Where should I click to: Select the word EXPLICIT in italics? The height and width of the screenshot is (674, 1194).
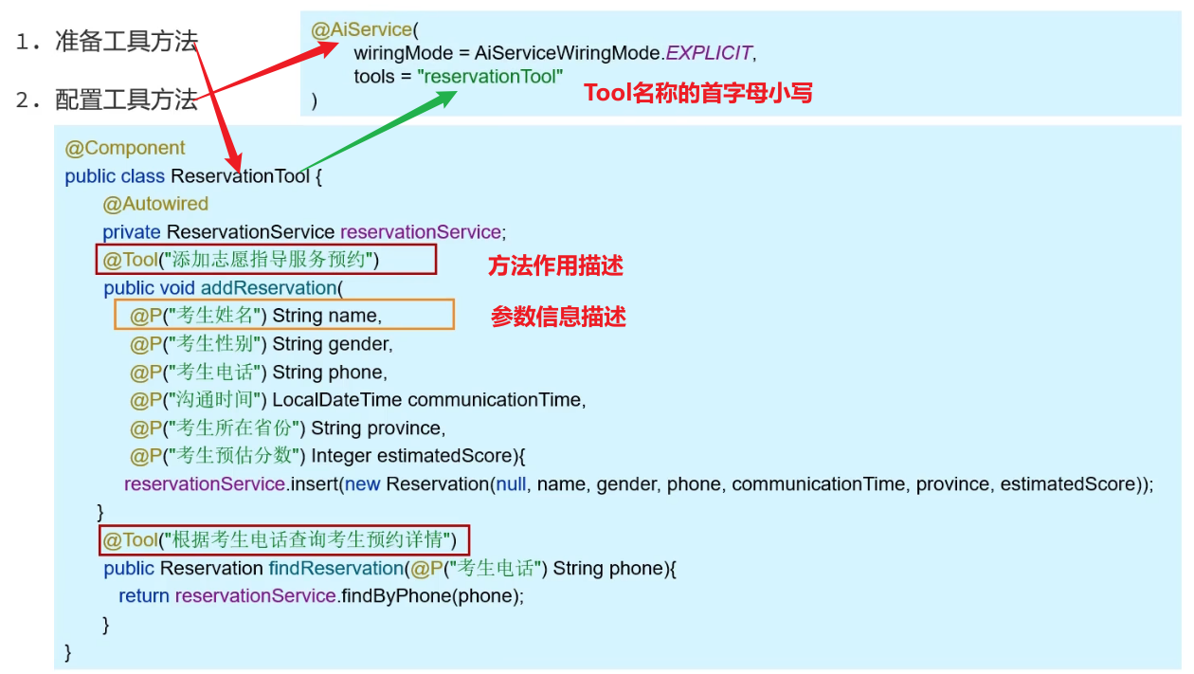[709, 53]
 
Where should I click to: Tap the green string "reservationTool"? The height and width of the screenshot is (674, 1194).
[490, 77]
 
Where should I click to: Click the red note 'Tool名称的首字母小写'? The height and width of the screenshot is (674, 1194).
[698, 93]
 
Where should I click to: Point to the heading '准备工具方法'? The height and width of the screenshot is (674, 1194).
[126, 42]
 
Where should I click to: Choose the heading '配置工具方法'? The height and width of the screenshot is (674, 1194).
[126, 100]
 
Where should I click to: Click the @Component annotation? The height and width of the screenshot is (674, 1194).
[125, 148]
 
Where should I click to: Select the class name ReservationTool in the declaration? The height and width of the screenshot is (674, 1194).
[240, 176]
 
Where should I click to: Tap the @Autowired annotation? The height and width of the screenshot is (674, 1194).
[155, 204]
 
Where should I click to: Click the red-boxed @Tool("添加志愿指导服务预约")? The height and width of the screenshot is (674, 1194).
[266, 260]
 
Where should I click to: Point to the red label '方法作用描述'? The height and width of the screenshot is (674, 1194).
[555, 266]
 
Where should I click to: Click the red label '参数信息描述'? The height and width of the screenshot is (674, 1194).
[558, 318]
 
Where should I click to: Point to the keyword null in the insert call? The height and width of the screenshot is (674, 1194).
[511, 484]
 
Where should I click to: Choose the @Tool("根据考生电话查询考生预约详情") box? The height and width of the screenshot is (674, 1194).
[284, 540]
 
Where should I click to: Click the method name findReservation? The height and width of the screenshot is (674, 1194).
[335, 569]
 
